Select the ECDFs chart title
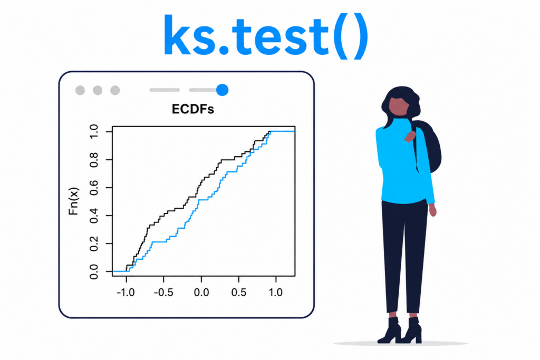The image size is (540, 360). tap(193, 109)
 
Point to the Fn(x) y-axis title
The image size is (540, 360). tap(74, 201)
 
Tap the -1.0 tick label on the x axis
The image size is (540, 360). tap(126, 293)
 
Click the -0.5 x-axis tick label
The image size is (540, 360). tap(163, 293)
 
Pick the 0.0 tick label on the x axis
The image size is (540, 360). tap(201, 293)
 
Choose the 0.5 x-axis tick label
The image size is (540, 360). tap(239, 293)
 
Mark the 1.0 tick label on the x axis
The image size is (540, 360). tap(276, 293)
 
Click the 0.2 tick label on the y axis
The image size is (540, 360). tap(94, 244)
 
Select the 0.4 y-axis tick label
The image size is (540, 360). tap(94, 216)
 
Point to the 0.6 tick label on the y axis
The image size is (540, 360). tap(94, 188)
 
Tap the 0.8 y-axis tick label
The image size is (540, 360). tap(94, 160)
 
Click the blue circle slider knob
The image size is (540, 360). tap(223, 90)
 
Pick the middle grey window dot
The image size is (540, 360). tap(98, 90)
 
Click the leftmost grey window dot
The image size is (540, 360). tap(80, 90)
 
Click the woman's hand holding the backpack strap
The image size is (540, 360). tap(410, 137)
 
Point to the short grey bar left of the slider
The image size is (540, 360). tap(165, 90)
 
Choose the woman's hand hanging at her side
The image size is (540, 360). tap(433, 210)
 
